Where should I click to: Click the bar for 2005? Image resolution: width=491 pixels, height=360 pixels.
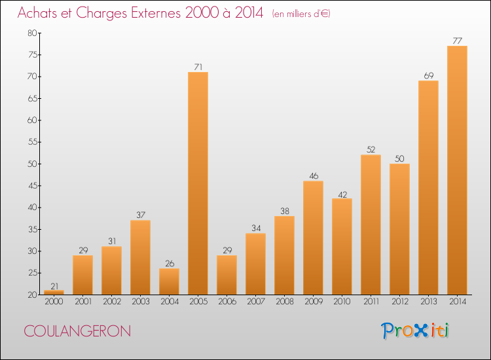click(x=198, y=183)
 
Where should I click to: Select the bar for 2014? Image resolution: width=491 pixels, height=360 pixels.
click(x=457, y=170)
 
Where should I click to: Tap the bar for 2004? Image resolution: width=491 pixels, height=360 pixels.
click(x=169, y=281)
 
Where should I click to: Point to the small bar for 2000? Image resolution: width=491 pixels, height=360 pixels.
click(x=54, y=292)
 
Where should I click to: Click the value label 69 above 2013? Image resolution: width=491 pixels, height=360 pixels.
click(x=428, y=75)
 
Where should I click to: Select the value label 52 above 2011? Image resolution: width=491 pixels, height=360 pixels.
click(x=371, y=149)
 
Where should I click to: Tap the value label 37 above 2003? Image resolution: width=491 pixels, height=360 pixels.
click(x=140, y=215)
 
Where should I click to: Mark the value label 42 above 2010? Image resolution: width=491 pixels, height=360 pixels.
click(x=342, y=193)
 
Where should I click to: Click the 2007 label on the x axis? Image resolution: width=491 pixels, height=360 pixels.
click(x=255, y=302)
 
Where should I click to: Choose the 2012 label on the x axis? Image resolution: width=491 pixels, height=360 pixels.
click(x=399, y=302)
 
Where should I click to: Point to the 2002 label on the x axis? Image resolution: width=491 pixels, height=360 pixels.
click(x=111, y=302)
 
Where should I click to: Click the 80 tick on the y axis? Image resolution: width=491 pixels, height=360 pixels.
click(x=31, y=33)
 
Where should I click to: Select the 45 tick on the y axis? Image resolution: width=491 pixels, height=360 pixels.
click(x=31, y=186)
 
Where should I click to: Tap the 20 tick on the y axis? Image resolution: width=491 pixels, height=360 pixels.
click(x=31, y=295)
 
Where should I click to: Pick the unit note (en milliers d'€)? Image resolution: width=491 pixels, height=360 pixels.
click(x=301, y=14)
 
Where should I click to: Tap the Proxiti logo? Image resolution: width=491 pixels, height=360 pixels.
click(x=416, y=331)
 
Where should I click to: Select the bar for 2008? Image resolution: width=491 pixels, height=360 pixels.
click(x=284, y=255)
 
